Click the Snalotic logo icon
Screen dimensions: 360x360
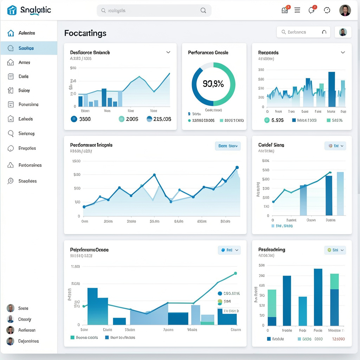12,10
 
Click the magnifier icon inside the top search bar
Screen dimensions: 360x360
203,11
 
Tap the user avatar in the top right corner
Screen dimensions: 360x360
345,10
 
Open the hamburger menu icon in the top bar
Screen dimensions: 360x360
297,10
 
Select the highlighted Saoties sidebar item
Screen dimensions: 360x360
26,48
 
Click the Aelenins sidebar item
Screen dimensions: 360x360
26,33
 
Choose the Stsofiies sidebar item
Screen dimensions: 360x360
27,181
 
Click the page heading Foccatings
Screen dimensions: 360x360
85,33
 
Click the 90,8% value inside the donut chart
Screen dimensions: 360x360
213,84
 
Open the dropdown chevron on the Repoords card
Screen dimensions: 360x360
343,52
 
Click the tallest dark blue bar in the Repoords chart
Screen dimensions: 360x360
332,89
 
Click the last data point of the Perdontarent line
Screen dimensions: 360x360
237,168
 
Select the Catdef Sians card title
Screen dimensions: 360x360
271,145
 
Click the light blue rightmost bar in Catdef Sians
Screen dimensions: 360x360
340,193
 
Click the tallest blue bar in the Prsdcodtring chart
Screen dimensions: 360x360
318,297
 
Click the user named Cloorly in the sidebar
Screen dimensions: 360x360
25,319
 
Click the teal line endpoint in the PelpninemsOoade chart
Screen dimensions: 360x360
236,273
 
